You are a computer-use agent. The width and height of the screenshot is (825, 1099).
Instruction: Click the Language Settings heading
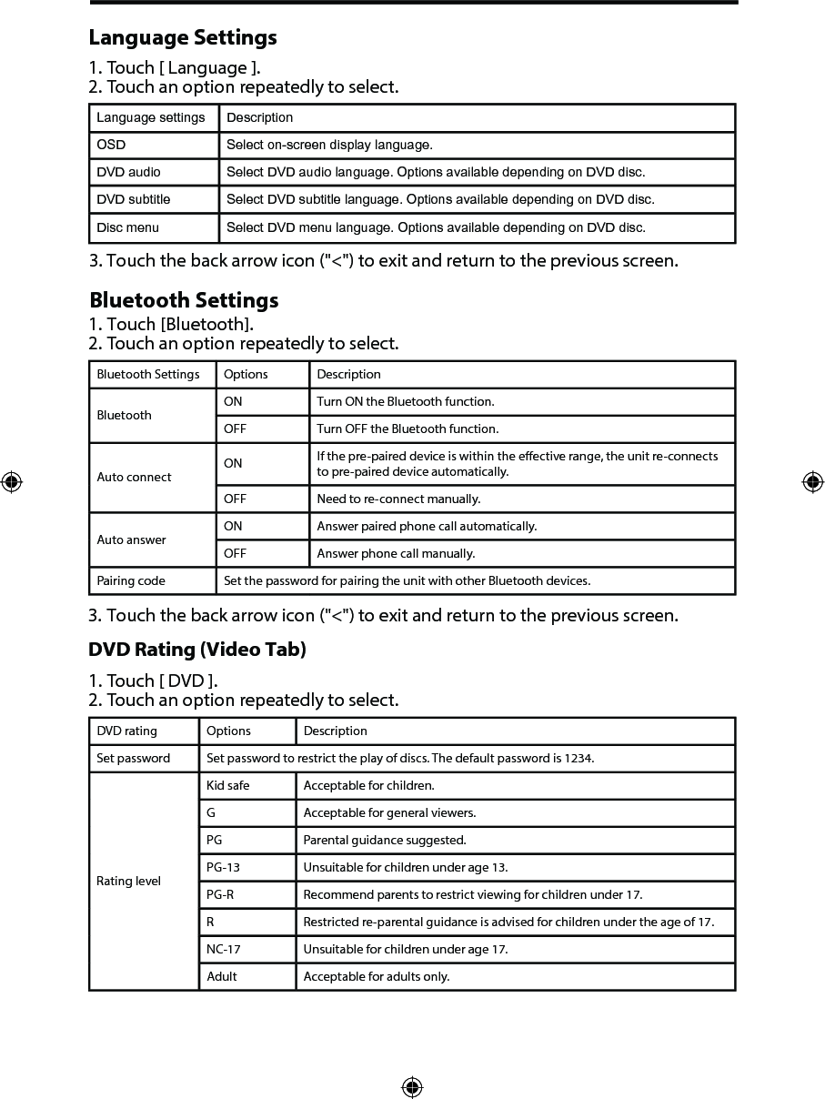[183, 38]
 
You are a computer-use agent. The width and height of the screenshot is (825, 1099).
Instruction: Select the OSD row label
[112, 145]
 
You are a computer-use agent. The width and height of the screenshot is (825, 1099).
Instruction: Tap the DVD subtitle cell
[134, 199]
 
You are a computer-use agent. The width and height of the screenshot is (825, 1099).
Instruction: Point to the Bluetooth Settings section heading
[184, 300]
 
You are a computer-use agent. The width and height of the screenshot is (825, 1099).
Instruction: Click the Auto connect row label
[134, 477]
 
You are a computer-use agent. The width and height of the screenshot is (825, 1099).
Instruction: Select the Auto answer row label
[131, 539]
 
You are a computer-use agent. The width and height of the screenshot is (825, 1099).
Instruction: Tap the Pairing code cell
[131, 580]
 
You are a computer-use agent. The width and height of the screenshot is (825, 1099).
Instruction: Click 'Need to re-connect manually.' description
[398, 499]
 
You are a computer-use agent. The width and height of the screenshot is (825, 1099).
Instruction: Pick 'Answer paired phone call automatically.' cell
[427, 526]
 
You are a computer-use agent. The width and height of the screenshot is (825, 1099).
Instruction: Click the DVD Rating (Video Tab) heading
[197, 650]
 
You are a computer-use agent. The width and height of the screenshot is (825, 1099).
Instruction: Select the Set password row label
[133, 758]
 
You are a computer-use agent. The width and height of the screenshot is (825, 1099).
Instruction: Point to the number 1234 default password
[579, 758]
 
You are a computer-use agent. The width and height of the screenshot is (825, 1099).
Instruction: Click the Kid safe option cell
[227, 785]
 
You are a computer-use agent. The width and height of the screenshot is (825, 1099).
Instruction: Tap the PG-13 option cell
[223, 867]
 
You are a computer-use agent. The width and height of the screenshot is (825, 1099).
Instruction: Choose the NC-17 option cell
[223, 949]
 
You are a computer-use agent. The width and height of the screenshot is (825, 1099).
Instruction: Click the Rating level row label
[128, 881]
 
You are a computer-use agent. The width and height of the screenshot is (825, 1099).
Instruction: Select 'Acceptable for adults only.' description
[377, 976]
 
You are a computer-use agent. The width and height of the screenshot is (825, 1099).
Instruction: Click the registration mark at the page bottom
[412, 1087]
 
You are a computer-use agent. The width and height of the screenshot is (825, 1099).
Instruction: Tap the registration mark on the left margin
[12, 482]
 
